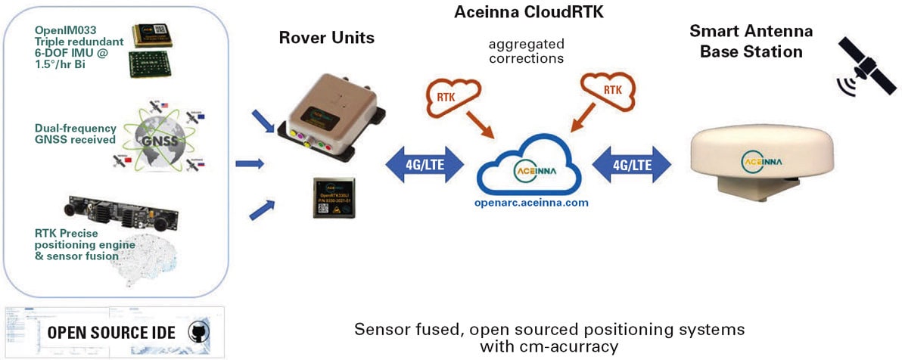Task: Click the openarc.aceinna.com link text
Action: pyautogui.click(x=530, y=203)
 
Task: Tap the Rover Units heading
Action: pyautogui.click(x=327, y=37)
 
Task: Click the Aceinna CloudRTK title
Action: pyautogui.click(x=530, y=12)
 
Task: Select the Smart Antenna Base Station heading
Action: pyautogui.click(x=751, y=42)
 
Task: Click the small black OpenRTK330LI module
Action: pyautogui.click(x=334, y=196)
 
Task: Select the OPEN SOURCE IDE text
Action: pyautogui.click(x=112, y=333)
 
